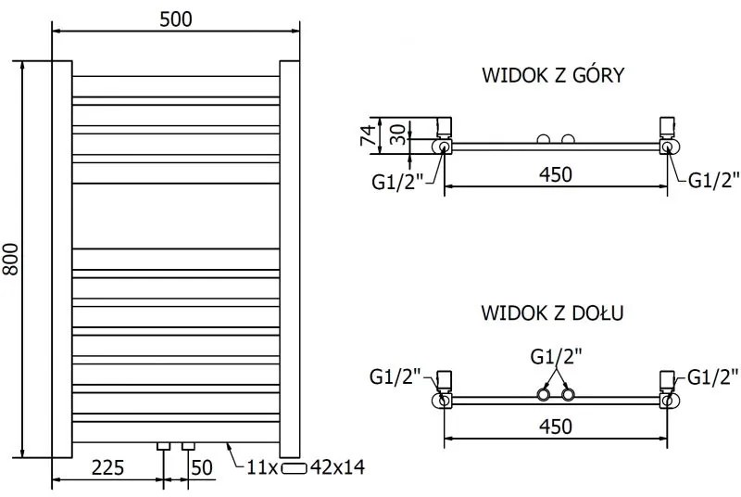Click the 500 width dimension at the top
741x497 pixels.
(175, 19)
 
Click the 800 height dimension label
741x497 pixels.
(12, 261)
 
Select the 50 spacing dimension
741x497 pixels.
(202, 466)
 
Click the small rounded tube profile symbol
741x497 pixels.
(295, 467)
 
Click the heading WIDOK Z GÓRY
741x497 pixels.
(552, 75)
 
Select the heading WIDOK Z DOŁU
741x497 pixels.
(552, 312)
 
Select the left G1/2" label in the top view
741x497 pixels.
(397, 181)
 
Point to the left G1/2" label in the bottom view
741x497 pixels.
(396, 376)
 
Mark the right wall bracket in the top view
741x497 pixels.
(667, 127)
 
